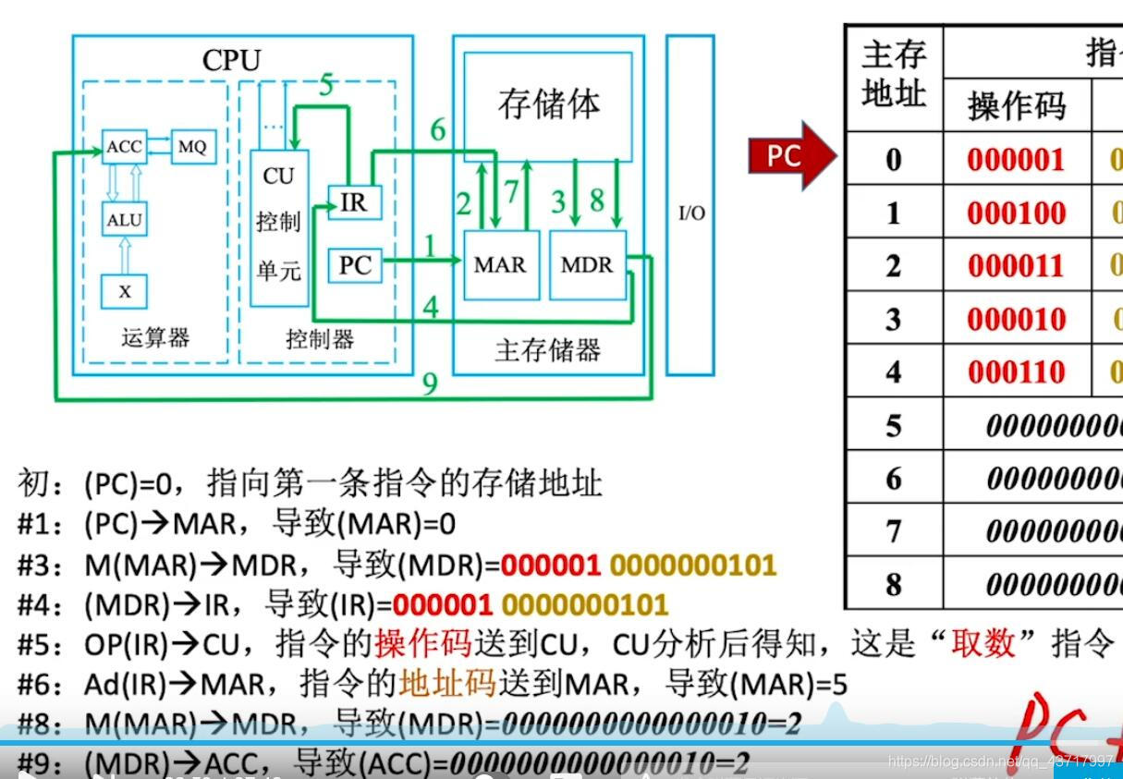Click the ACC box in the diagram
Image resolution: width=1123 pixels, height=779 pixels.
pos(125,147)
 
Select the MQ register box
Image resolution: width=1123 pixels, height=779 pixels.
pos(192,147)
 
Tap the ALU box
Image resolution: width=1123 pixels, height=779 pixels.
pos(125,220)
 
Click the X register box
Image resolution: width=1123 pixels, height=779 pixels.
pos(125,292)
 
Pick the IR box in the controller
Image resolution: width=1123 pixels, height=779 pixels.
pos(354,203)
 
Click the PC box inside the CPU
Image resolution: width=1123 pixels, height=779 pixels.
pos(355,266)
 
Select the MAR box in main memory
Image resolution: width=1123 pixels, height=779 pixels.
pos(499,265)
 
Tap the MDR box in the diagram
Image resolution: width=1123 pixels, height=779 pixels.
pos(587,265)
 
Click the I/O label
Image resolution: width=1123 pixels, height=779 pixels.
pos(691,213)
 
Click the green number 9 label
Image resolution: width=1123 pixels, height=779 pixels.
pos(429,383)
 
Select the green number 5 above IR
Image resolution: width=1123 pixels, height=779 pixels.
pos(326,86)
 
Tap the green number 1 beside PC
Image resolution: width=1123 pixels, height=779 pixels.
pos(429,245)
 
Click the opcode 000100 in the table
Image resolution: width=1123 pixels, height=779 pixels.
pos(1016,213)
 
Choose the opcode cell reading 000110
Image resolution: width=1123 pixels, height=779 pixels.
pos(1016,372)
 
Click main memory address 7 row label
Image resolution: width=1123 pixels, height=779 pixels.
pos(893,531)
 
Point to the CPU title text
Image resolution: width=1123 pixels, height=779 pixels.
pos(232,61)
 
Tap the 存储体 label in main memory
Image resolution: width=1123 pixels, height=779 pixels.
pos(548,103)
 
